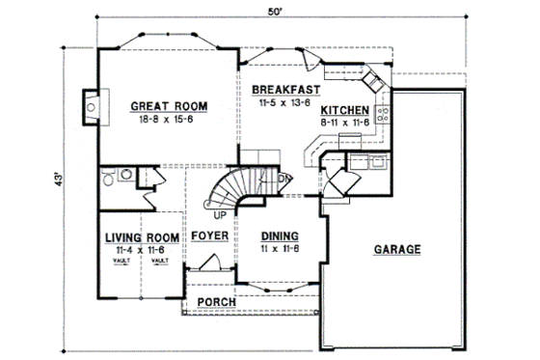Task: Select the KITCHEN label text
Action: pyautogui.click(x=346, y=109)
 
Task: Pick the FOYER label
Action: pyautogui.click(x=209, y=236)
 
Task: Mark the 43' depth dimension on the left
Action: pyautogui.click(x=59, y=180)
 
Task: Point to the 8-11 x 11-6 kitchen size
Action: pyautogui.click(x=346, y=122)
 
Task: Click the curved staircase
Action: pyautogui.click(x=236, y=188)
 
